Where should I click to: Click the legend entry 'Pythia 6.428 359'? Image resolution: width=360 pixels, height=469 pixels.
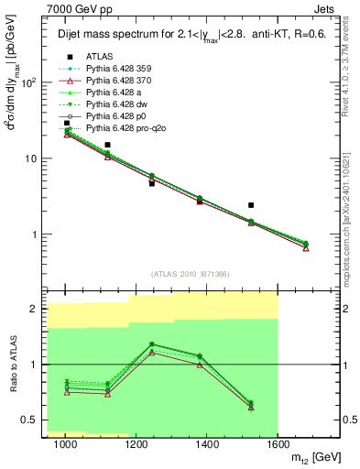click(x=116, y=68)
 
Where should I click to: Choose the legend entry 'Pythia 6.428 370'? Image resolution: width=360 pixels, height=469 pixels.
click(x=116, y=80)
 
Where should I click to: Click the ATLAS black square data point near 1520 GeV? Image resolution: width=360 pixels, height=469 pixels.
click(x=251, y=205)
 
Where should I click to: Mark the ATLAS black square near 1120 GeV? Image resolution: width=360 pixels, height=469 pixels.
click(x=108, y=145)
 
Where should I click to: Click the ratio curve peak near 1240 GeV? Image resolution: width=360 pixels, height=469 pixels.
click(x=151, y=344)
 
